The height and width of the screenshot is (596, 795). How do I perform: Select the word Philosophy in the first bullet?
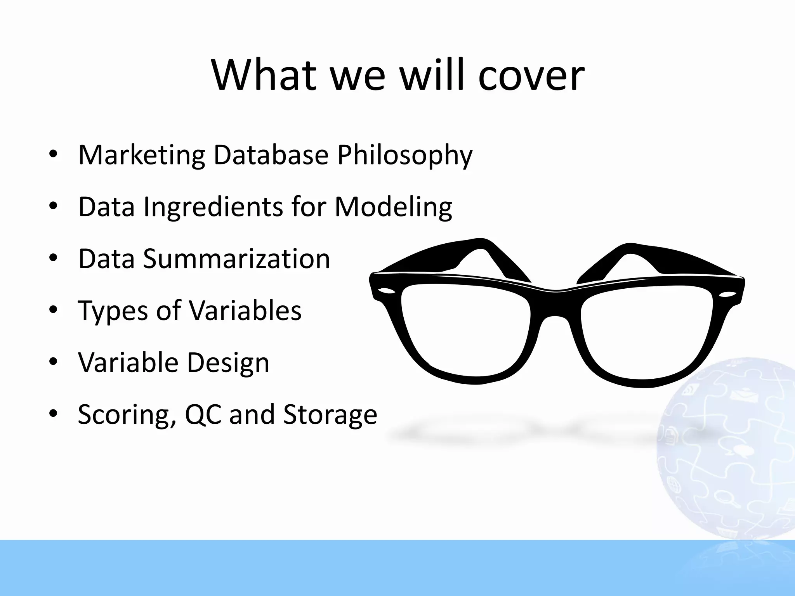coord(405,155)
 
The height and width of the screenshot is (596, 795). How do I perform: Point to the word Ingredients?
coord(213,207)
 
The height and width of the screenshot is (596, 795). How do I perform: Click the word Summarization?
coord(236,259)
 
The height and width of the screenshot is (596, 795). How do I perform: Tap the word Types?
coord(113,311)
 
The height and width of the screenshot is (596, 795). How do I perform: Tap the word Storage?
coord(330,415)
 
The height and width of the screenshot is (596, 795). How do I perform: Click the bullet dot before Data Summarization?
coord(53,258)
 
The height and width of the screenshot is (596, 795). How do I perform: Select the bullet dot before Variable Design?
coord(53,362)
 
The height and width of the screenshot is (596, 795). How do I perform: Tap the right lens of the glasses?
coord(646,332)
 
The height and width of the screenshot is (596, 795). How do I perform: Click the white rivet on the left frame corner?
coord(386,291)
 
